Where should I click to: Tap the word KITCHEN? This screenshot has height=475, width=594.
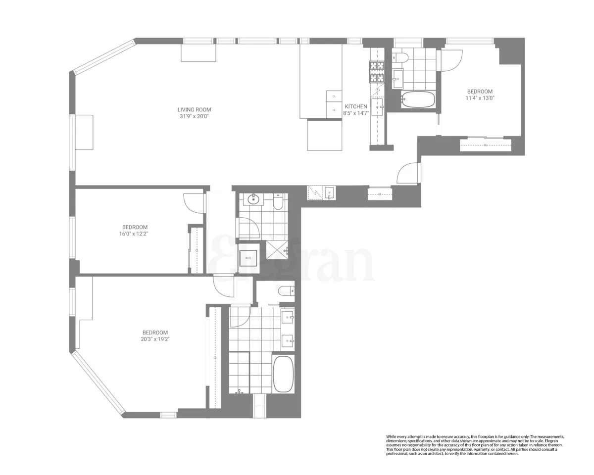pyautogui.click(x=356, y=106)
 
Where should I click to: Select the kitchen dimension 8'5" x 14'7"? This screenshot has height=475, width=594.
pyautogui.click(x=356, y=113)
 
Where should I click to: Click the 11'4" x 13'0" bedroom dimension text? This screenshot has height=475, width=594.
pyautogui.click(x=480, y=98)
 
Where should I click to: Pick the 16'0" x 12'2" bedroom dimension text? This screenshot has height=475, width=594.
pyautogui.click(x=130, y=234)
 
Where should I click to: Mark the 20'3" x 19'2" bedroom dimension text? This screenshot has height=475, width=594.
pyautogui.click(x=155, y=339)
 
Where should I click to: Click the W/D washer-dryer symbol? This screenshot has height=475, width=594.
pyautogui.click(x=248, y=258)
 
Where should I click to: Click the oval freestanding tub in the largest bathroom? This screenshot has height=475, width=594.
pyautogui.click(x=283, y=374)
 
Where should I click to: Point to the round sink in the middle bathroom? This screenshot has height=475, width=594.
pyautogui.click(x=254, y=199)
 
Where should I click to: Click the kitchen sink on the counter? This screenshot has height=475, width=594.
pyautogui.click(x=378, y=106)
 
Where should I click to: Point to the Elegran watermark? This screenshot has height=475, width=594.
pyautogui.click(x=292, y=260)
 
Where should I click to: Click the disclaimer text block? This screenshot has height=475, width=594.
pyautogui.click(x=475, y=445)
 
